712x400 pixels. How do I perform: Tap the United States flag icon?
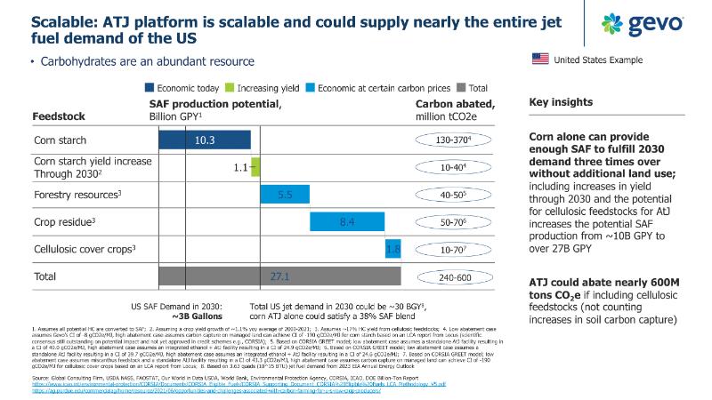tap(539, 60)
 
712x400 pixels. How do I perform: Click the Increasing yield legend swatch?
tap(230, 88)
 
